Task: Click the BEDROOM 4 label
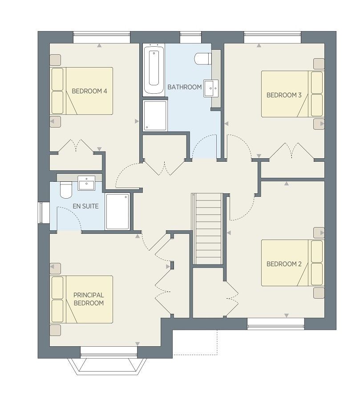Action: point(89,91)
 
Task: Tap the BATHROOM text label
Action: point(185,87)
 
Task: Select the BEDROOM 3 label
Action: point(284,95)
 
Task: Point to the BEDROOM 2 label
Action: point(284,264)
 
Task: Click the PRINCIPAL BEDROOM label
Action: point(89,299)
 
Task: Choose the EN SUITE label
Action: point(85,206)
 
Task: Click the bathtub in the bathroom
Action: point(153,70)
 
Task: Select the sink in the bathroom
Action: point(211,88)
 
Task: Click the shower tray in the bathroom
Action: point(155,116)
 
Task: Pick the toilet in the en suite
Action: point(66,190)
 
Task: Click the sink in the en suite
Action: point(86,183)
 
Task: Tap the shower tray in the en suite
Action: point(117,212)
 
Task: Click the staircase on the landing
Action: point(207,229)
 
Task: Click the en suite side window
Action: point(41,213)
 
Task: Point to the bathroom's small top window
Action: point(190,37)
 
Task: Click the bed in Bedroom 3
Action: point(292,94)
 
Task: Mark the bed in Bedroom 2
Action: point(292,263)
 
